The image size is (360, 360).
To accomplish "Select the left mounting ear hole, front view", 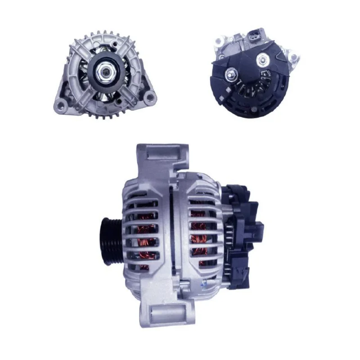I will coord(60,105).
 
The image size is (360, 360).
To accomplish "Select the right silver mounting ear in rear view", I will coord(295,58).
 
